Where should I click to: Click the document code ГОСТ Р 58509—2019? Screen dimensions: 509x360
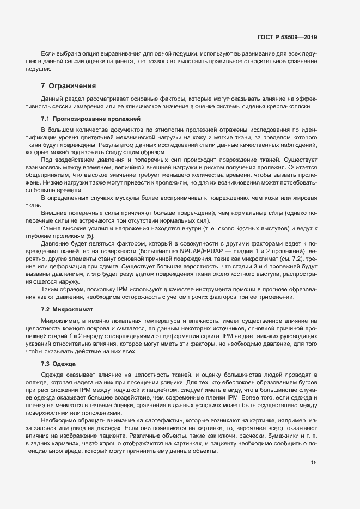(x=287, y=38)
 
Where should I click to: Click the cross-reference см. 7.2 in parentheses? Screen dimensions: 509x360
(x=303, y=260)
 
